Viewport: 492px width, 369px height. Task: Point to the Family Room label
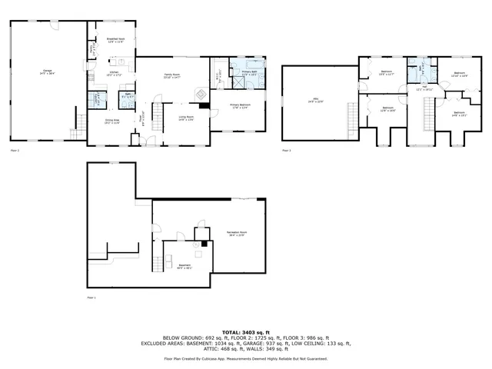(x=173, y=75)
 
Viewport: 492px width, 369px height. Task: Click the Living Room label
(x=185, y=118)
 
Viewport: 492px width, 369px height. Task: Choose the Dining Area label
(x=112, y=121)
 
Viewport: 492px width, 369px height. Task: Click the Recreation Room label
(x=236, y=232)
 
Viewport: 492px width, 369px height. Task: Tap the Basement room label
(x=184, y=267)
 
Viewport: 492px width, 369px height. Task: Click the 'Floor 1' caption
(x=91, y=297)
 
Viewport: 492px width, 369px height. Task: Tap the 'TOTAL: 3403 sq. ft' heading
(x=246, y=329)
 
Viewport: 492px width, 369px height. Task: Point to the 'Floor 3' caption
(x=286, y=151)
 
